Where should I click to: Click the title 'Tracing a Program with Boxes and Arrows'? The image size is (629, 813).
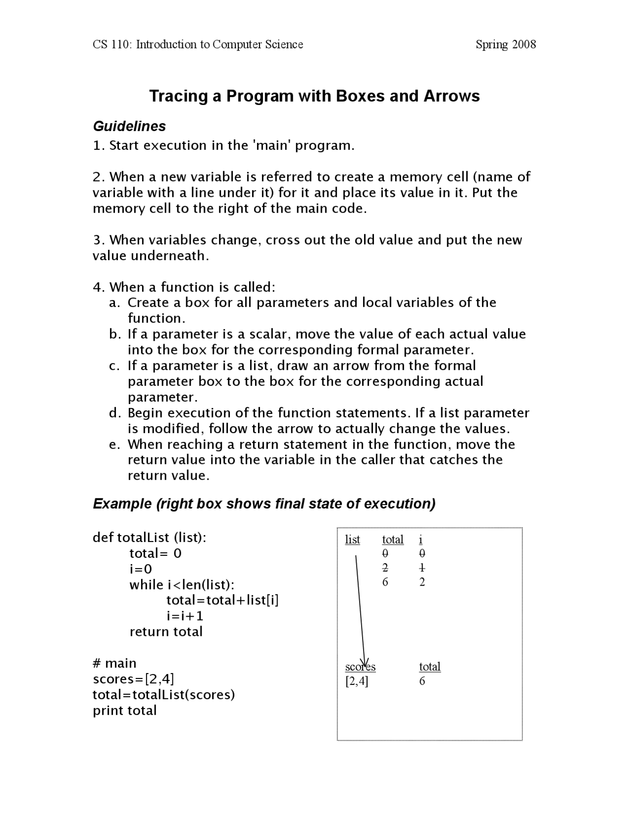pyautogui.click(x=314, y=96)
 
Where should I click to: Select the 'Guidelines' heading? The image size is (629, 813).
pyautogui.click(x=129, y=126)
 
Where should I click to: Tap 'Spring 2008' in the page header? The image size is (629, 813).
pyautogui.click(x=506, y=45)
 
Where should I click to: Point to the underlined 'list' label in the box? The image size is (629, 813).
pyautogui.click(x=352, y=540)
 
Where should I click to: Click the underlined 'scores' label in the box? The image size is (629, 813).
pyautogui.click(x=360, y=667)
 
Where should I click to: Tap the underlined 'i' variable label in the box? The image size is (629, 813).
pyautogui.click(x=421, y=540)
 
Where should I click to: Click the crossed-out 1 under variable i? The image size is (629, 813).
pyautogui.click(x=422, y=568)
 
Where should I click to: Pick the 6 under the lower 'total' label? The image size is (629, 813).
pyautogui.click(x=422, y=681)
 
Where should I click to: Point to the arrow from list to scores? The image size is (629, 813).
pyautogui.click(x=360, y=609)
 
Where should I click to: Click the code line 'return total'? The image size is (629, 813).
pyautogui.click(x=166, y=632)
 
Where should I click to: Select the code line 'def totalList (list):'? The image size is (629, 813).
pyautogui.click(x=149, y=538)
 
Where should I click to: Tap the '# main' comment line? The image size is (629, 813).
pyautogui.click(x=114, y=663)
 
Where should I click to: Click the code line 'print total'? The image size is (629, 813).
pyautogui.click(x=124, y=710)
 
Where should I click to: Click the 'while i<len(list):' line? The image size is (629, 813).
pyautogui.click(x=182, y=585)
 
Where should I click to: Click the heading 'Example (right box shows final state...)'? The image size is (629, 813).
pyautogui.click(x=264, y=504)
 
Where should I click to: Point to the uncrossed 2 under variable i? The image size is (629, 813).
pyautogui.click(x=422, y=582)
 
